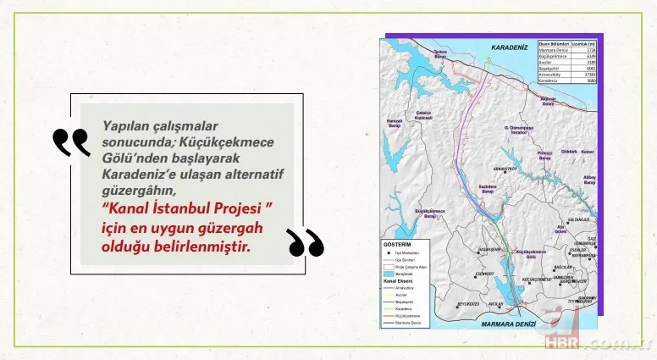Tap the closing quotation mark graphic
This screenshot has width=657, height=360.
(x=306, y=242)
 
